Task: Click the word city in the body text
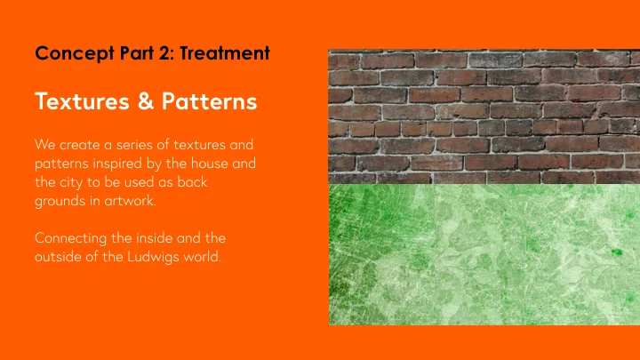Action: pyautogui.click(x=75, y=182)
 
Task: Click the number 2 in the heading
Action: pyautogui.click(x=166, y=54)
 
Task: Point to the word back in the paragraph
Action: pyautogui.click(x=201, y=182)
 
